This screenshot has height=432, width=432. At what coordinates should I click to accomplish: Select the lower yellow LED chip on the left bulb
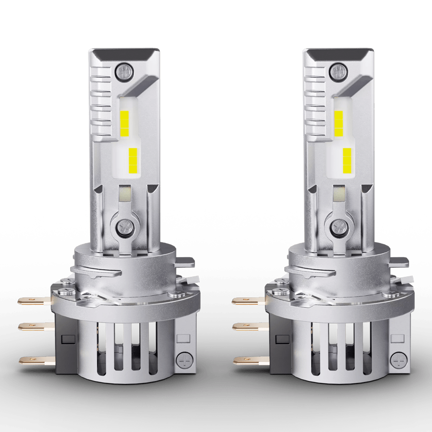point(132,160)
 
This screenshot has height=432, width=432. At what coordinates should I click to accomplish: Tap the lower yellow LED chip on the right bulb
point(347,160)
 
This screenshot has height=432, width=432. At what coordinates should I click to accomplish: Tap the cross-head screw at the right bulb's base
point(398,359)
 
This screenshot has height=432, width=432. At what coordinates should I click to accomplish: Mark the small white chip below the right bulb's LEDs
point(337,193)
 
